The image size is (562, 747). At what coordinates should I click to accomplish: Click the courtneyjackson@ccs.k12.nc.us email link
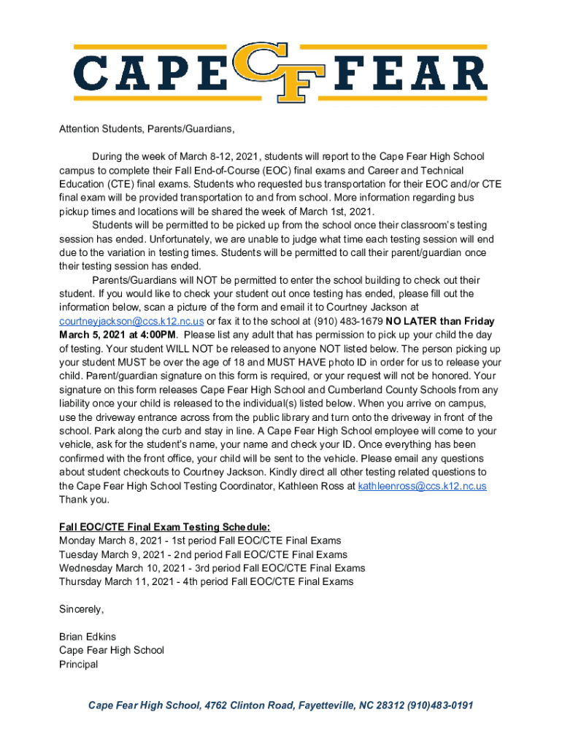131,321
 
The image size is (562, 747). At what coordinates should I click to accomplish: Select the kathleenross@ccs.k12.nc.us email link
422,486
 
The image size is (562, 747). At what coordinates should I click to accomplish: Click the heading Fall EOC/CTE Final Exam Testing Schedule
165,527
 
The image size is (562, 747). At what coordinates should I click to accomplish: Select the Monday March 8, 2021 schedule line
199,541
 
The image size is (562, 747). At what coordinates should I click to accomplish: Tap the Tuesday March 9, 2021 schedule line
203,554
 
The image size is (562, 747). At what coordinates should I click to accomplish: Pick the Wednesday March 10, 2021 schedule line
212,568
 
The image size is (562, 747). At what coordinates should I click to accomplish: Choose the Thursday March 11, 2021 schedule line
206,581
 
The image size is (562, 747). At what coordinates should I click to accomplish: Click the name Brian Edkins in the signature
88,636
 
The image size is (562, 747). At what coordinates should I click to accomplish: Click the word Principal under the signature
78,664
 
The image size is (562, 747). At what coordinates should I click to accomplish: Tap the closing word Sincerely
81,608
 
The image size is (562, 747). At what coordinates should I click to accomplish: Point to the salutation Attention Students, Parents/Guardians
147,129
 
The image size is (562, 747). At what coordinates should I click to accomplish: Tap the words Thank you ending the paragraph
84,500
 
